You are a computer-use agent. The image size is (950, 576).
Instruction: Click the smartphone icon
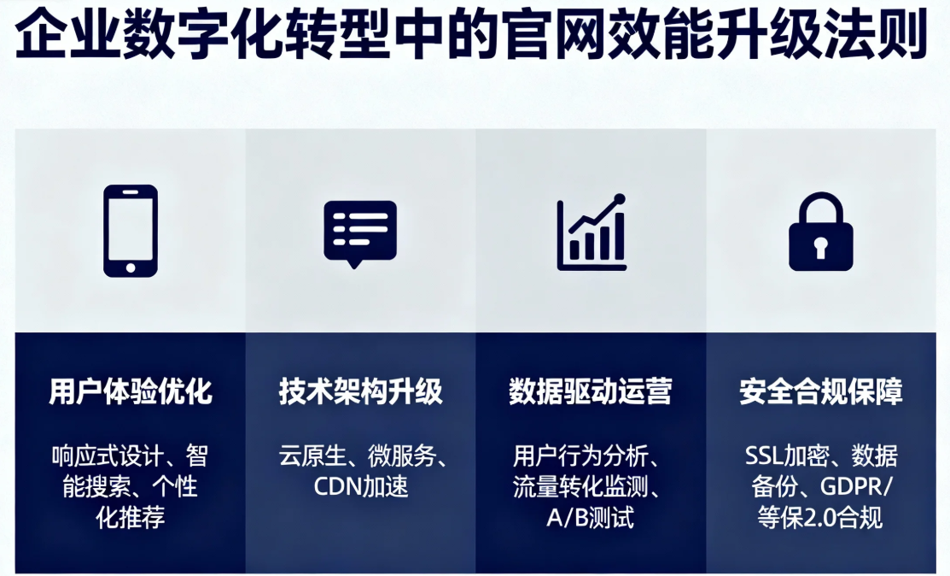pyautogui.click(x=131, y=231)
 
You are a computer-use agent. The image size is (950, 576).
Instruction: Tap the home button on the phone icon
pyautogui.click(x=131, y=267)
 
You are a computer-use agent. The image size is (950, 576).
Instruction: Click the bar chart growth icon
pyautogui.click(x=592, y=232)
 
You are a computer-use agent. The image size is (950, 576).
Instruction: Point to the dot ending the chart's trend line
pyautogui.click(x=619, y=198)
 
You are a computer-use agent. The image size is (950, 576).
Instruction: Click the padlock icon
pyautogui.click(x=821, y=232)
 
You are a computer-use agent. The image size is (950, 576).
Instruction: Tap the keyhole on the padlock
pyautogui.click(x=820, y=247)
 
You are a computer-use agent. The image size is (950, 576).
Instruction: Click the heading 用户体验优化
pyautogui.click(x=131, y=391)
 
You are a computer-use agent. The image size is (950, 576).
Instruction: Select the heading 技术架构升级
pyautogui.click(x=360, y=391)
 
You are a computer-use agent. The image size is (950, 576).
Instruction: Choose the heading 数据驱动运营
pyautogui.click(x=591, y=391)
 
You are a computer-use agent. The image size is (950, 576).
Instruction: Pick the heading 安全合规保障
pyautogui.click(x=821, y=391)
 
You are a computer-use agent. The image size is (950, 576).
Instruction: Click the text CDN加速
pyautogui.click(x=361, y=486)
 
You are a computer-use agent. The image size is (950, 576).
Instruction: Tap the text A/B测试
pyautogui.click(x=590, y=518)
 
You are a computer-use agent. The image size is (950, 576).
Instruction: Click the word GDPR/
pyautogui.click(x=857, y=486)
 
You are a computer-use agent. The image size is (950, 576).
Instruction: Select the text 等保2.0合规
pyautogui.click(x=820, y=518)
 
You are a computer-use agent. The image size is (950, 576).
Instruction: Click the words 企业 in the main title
pyautogui.click(x=66, y=34)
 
